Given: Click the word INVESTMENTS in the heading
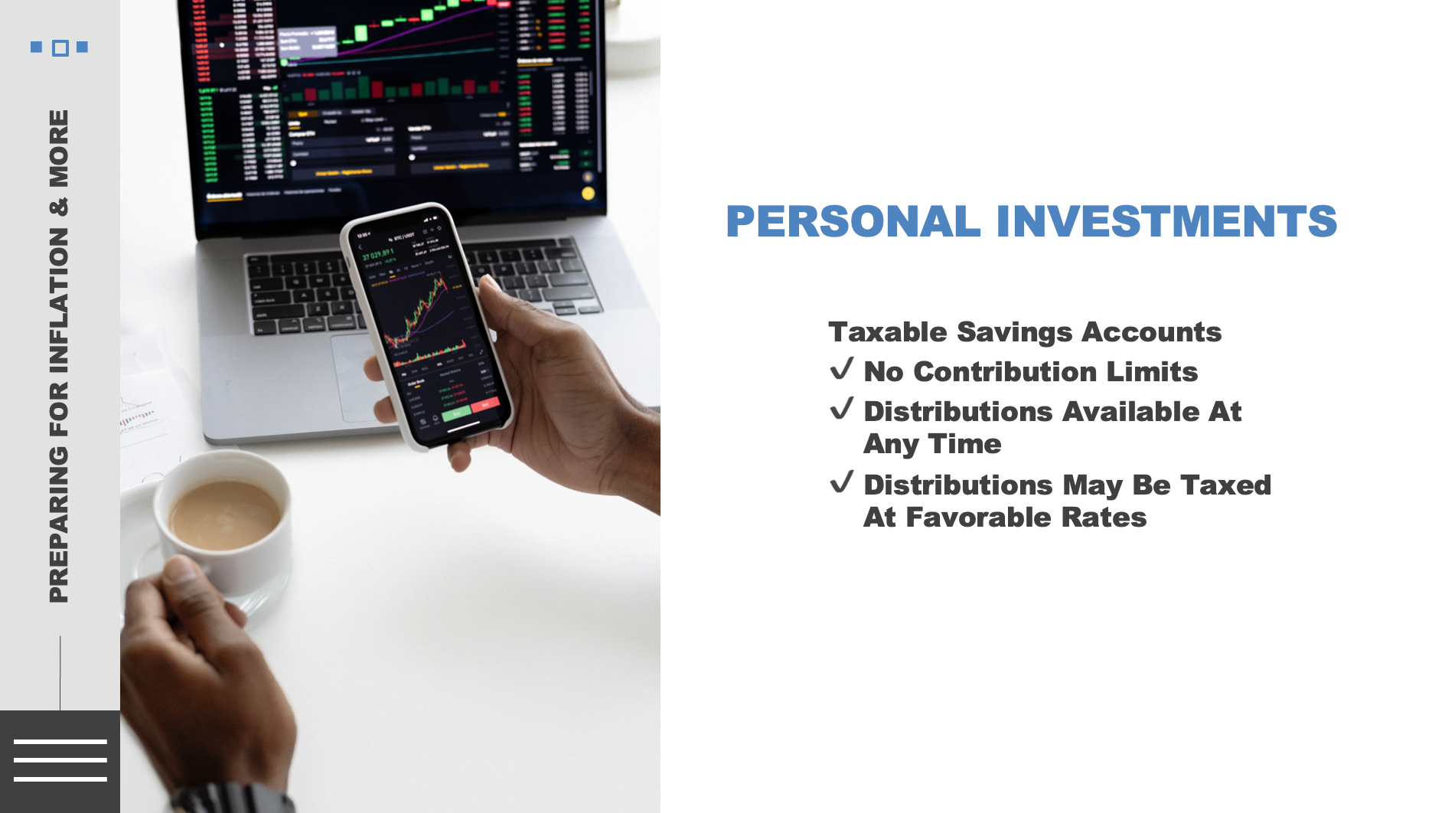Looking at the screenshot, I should tap(1166, 222).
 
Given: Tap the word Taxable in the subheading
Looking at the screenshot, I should tap(888, 332).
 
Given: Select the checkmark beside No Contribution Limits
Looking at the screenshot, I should tap(842, 369).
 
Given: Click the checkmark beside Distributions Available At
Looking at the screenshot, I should tap(842, 409).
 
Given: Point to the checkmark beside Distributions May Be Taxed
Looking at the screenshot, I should tap(842, 482).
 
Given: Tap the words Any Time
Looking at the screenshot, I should tap(932, 444).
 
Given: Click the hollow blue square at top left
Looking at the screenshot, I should tap(60, 48).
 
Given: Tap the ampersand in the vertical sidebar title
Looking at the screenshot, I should tap(59, 207).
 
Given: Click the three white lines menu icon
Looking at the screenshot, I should tap(60, 760).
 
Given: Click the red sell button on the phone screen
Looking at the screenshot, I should tap(484, 405).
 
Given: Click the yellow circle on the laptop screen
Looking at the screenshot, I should tap(588, 193).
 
